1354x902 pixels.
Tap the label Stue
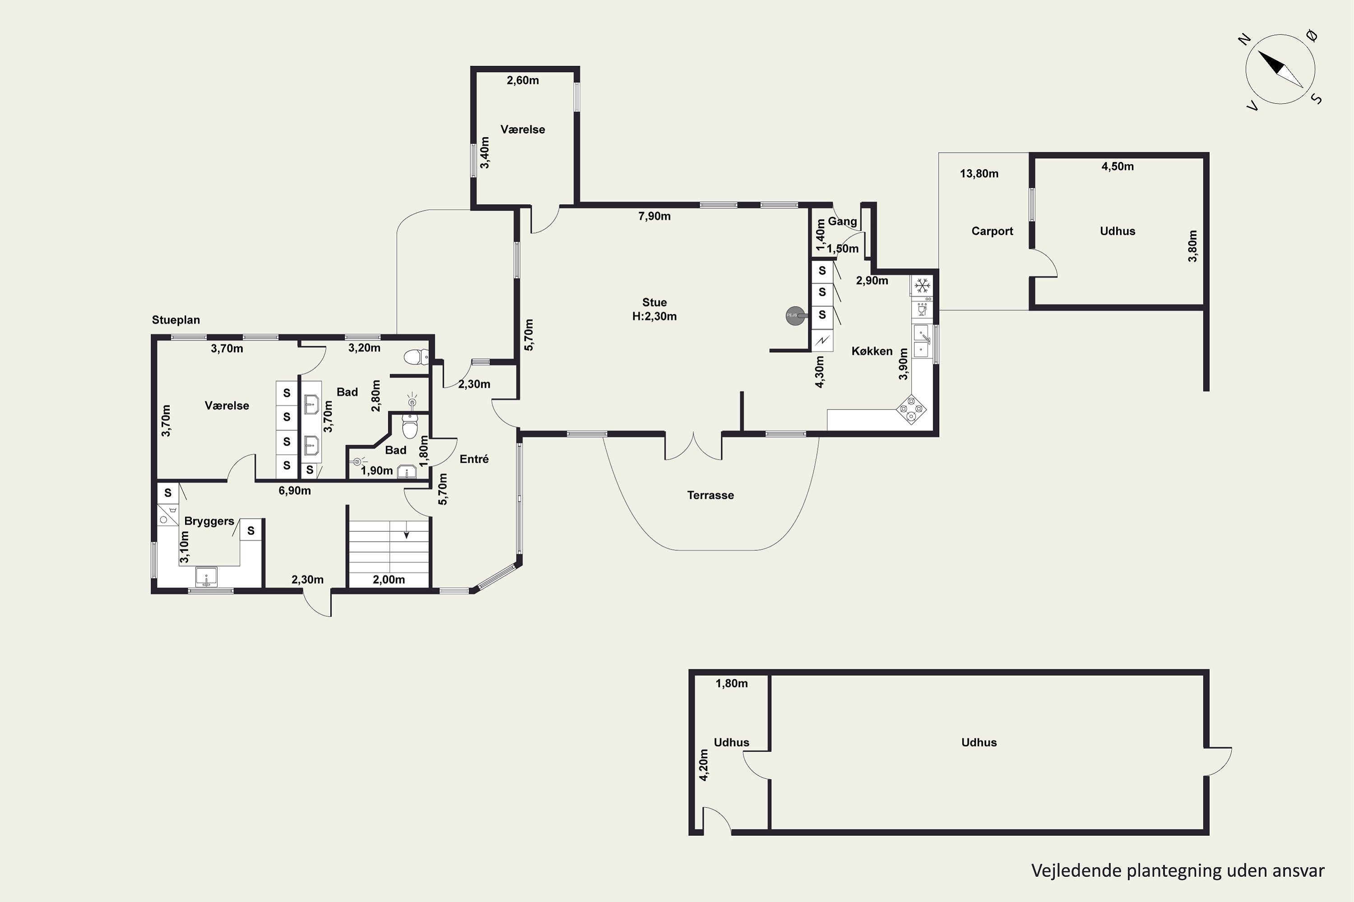(654, 303)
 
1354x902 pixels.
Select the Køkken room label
(872, 351)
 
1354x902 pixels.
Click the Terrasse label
(710, 495)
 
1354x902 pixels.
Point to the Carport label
(992, 231)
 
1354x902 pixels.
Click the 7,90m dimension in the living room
(654, 216)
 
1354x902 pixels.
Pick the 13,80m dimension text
(979, 174)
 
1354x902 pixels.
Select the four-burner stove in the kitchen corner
(912, 409)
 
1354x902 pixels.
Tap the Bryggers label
(209, 521)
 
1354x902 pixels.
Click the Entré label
(474, 459)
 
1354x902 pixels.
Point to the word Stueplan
(176, 320)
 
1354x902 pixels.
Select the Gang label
(842, 221)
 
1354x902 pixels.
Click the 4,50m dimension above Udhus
(1118, 167)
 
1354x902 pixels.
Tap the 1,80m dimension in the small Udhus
(732, 683)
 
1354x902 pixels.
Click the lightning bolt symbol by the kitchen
(822, 341)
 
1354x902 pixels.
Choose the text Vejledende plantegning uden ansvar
(1178, 870)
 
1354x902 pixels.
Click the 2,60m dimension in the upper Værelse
(523, 81)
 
